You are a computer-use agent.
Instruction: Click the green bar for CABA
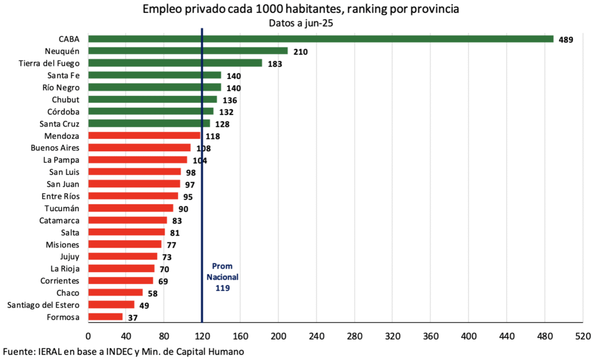click(x=320, y=39)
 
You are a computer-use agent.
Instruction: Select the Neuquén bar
click(x=187, y=51)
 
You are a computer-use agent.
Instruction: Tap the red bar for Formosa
click(x=105, y=317)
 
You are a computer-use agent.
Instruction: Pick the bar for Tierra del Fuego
click(x=175, y=63)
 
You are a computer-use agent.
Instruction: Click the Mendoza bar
click(x=144, y=136)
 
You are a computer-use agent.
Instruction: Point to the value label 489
click(x=566, y=40)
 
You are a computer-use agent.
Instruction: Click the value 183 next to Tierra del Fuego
click(x=275, y=63)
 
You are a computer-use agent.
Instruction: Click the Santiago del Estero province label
click(x=43, y=305)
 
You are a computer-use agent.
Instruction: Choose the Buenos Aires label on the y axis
click(x=55, y=148)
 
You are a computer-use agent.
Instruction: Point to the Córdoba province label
click(x=63, y=111)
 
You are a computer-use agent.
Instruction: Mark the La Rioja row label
click(x=65, y=269)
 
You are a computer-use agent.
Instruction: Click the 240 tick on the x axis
click(x=317, y=336)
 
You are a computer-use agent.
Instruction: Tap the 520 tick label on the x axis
click(x=583, y=336)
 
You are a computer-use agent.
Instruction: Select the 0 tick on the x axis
click(x=88, y=336)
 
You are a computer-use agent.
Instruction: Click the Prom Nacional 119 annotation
click(x=222, y=277)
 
